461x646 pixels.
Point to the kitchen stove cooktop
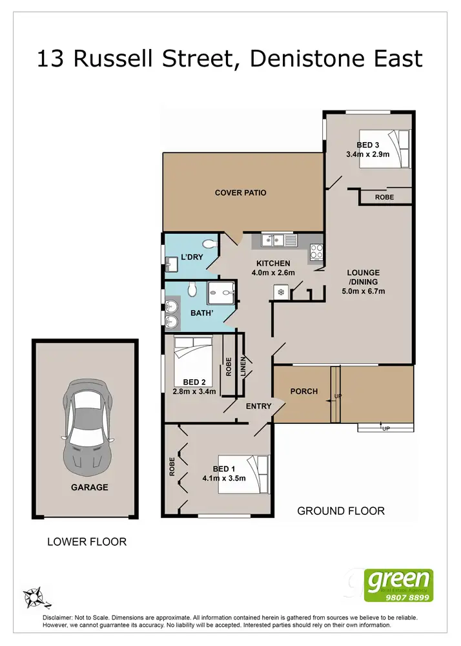coord(316,251)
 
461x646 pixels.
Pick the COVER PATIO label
coord(240,193)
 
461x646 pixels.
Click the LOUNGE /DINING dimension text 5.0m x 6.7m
coord(363,291)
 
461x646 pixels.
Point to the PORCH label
coord(303,391)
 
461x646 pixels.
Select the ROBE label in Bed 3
coord(385,197)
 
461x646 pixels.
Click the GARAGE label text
coord(89,487)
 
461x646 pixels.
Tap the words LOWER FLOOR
coord(87,541)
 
